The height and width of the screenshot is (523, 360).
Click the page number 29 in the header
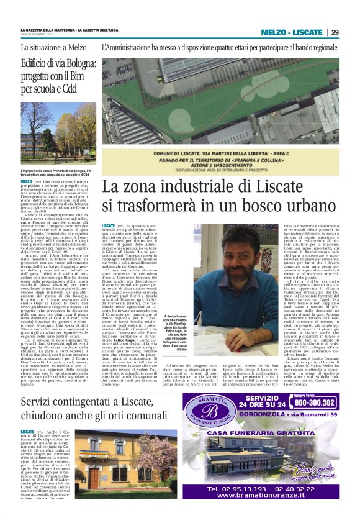pos(335,32)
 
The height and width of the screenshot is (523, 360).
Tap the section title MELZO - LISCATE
pos(291,32)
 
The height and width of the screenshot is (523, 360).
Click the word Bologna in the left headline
pos(79,63)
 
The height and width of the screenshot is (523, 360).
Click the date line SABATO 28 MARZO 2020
pos(41,35)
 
